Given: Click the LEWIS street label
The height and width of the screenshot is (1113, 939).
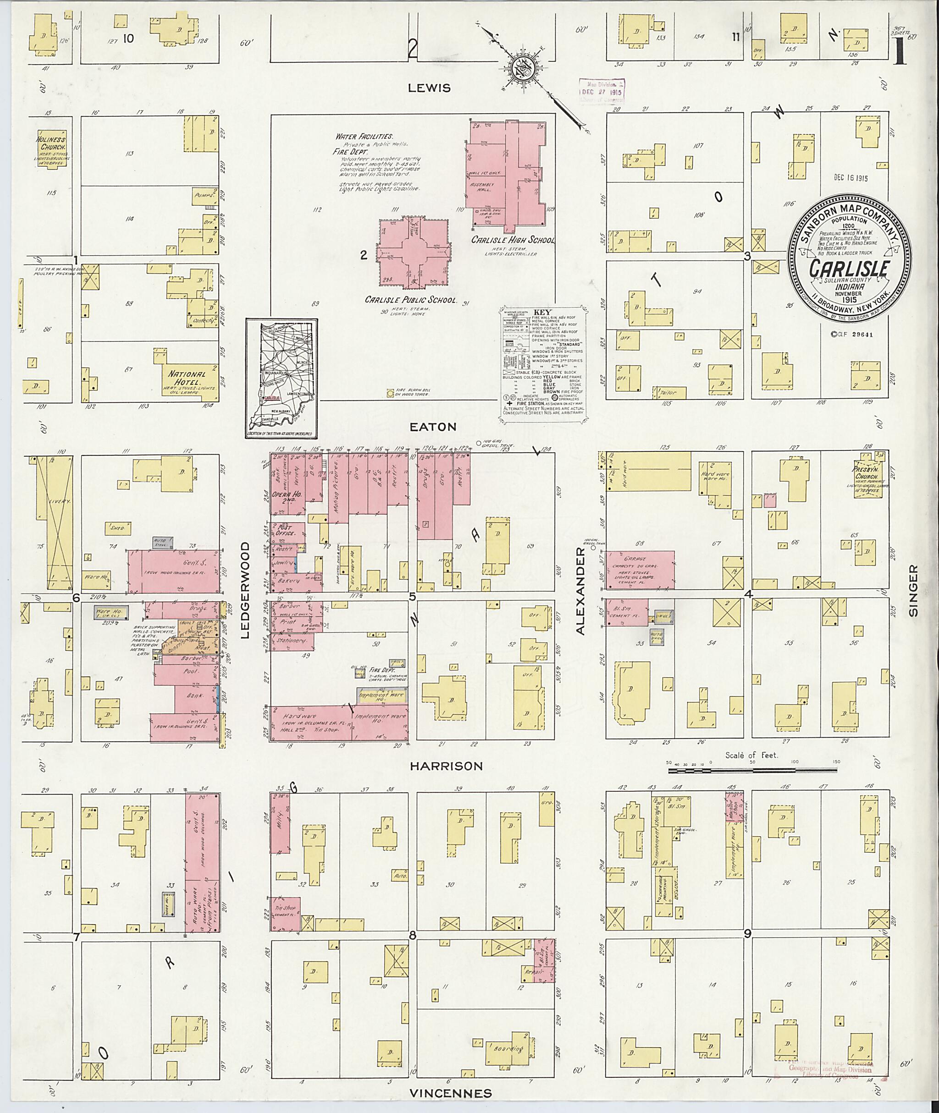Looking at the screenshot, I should pyautogui.click(x=429, y=88).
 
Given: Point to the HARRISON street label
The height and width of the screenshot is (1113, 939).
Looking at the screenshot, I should pyautogui.click(x=447, y=766).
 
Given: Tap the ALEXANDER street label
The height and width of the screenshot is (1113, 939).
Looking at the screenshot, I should pyautogui.click(x=581, y=591).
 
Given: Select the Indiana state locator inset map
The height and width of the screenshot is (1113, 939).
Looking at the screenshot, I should pyautogui.click(x=282, y=378).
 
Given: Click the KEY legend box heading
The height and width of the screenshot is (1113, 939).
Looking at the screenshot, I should pyautogui.click(x=543, y=313).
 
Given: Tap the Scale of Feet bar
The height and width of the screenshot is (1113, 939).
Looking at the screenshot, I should pyautogui.click(x=753, y=769).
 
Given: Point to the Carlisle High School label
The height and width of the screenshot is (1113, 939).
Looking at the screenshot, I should pyautogui.click(x=512, y=241).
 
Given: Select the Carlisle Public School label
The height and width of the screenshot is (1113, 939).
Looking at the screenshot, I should pyautogui.click(x=410, y=300).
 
